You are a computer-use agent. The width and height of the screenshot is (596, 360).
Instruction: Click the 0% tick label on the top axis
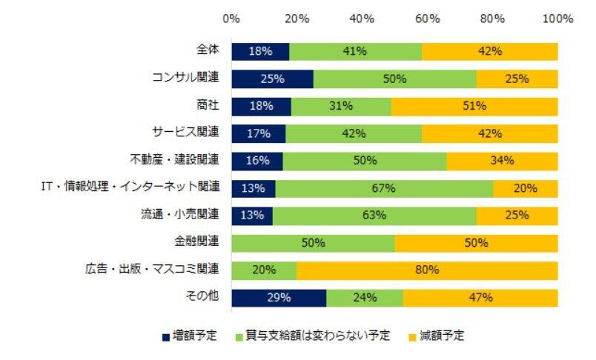tap(231, 19)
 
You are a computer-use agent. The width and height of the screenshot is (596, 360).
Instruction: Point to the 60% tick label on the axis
tap(428, 19)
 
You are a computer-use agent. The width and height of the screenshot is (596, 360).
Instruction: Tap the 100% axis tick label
tap(558, 19)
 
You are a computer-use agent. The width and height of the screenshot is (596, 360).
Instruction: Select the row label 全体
tap(208, 50)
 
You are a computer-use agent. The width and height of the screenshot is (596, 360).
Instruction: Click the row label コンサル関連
tap(185, 77)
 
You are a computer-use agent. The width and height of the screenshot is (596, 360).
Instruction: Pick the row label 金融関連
tap(196, 242)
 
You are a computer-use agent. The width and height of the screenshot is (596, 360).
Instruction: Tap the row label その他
tap(203, 297)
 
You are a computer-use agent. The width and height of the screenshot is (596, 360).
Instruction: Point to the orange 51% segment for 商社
tap(474, 106)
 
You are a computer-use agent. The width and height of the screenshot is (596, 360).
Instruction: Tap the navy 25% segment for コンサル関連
tap(272, 79)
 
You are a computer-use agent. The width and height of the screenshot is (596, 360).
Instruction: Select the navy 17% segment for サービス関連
tap(258, 133)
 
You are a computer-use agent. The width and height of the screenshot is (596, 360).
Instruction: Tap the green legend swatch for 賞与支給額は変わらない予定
tap(239, 336)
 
